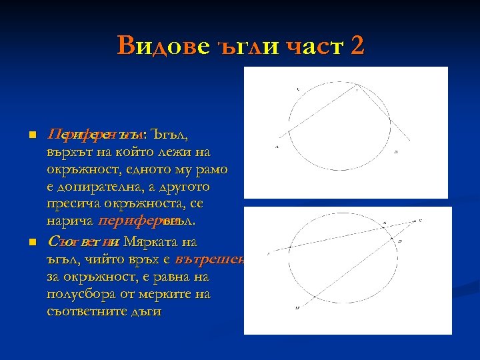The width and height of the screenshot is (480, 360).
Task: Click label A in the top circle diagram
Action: pos(277,147)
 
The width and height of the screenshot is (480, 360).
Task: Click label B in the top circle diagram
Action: pos(396,152)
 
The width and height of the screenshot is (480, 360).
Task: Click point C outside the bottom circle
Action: pos(419,219)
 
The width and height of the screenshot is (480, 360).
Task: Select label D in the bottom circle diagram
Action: pos(400,239)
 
